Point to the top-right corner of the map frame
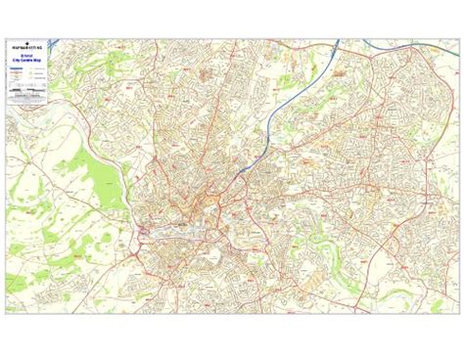tap(457, 38)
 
